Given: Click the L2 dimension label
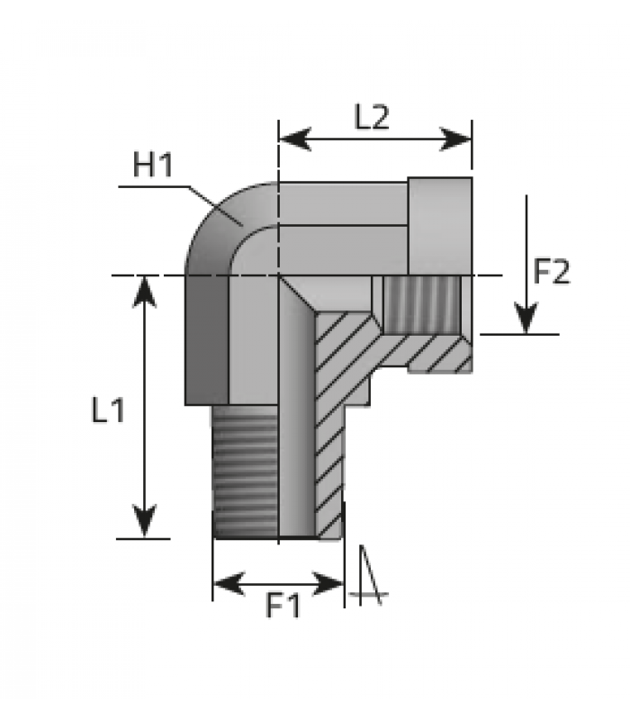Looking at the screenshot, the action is coord(372,117).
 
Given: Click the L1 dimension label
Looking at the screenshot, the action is coord(108,409).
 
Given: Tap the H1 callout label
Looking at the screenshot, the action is coord(153,165).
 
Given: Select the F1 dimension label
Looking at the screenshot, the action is coord(283,606).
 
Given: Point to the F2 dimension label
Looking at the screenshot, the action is coord(552,272).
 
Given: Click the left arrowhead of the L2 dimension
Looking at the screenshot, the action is coord(295,139).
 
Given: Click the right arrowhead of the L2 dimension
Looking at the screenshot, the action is coord(455,139).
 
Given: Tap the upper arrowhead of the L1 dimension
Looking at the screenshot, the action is coord(145,292).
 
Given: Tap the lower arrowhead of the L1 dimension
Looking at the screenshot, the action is coord(145,521).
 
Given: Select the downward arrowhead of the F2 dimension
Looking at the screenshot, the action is coord(526,318).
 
